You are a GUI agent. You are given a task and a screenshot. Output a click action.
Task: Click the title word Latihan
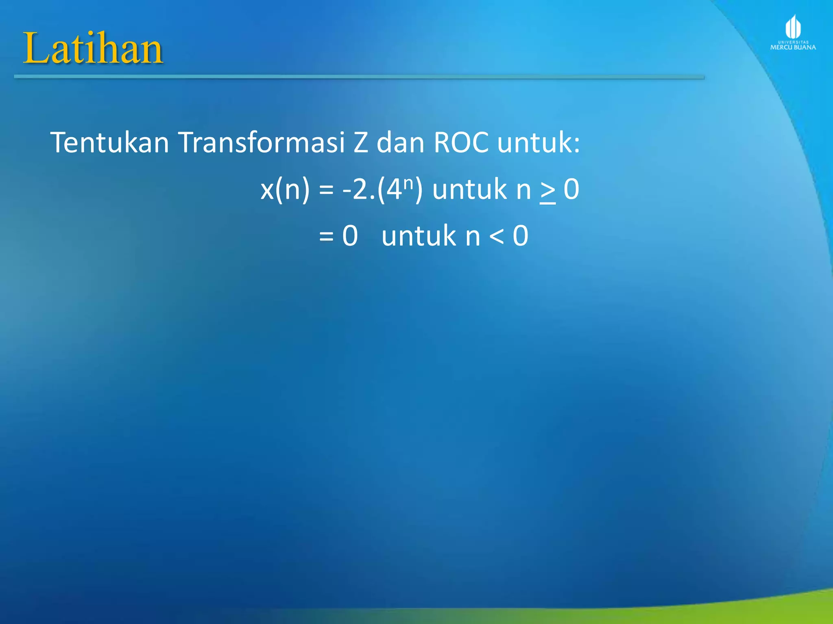point(93,49)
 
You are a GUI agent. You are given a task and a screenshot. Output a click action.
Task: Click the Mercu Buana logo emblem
point(793,27)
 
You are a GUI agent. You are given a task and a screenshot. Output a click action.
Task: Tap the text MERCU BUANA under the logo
point(793,47)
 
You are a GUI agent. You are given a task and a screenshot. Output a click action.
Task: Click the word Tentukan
point(109,143)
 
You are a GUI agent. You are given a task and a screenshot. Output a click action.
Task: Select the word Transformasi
point(262,143)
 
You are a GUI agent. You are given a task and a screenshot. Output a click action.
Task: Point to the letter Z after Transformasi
point(360,143)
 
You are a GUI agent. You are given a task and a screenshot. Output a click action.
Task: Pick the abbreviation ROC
point(461,143)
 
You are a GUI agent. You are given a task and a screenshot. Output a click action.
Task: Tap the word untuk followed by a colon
point(538,143)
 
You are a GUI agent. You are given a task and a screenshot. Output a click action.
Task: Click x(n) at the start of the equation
point(285,189)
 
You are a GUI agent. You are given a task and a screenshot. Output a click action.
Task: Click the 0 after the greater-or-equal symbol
point(571,189)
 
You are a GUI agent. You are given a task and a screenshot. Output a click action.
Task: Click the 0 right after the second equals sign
point(350,236)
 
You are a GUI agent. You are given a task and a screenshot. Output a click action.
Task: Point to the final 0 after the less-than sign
point(520,236)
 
